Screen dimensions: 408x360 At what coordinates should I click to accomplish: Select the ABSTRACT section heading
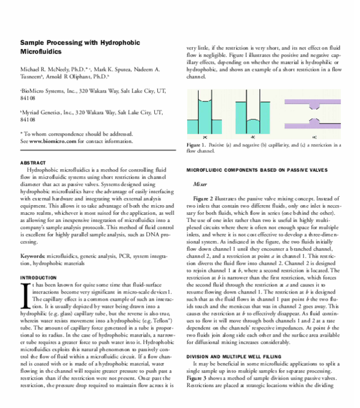click(x=33, y=163)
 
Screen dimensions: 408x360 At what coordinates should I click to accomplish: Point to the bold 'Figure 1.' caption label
click(x=196, y=145)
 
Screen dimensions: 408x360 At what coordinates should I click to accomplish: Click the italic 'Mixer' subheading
click(x=200, y=185)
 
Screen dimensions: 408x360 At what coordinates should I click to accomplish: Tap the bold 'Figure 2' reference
click(x=203, y=199)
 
